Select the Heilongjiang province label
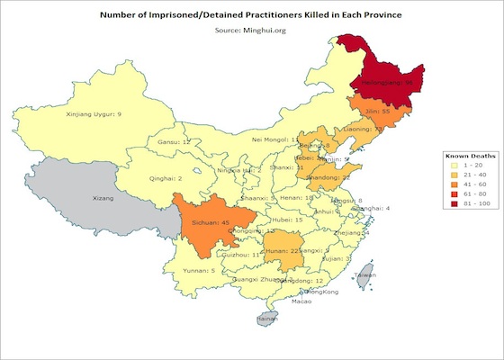coord(386,82)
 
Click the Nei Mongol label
coord(271,140)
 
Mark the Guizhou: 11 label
coord(244,255)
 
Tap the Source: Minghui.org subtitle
coord(252,31)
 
